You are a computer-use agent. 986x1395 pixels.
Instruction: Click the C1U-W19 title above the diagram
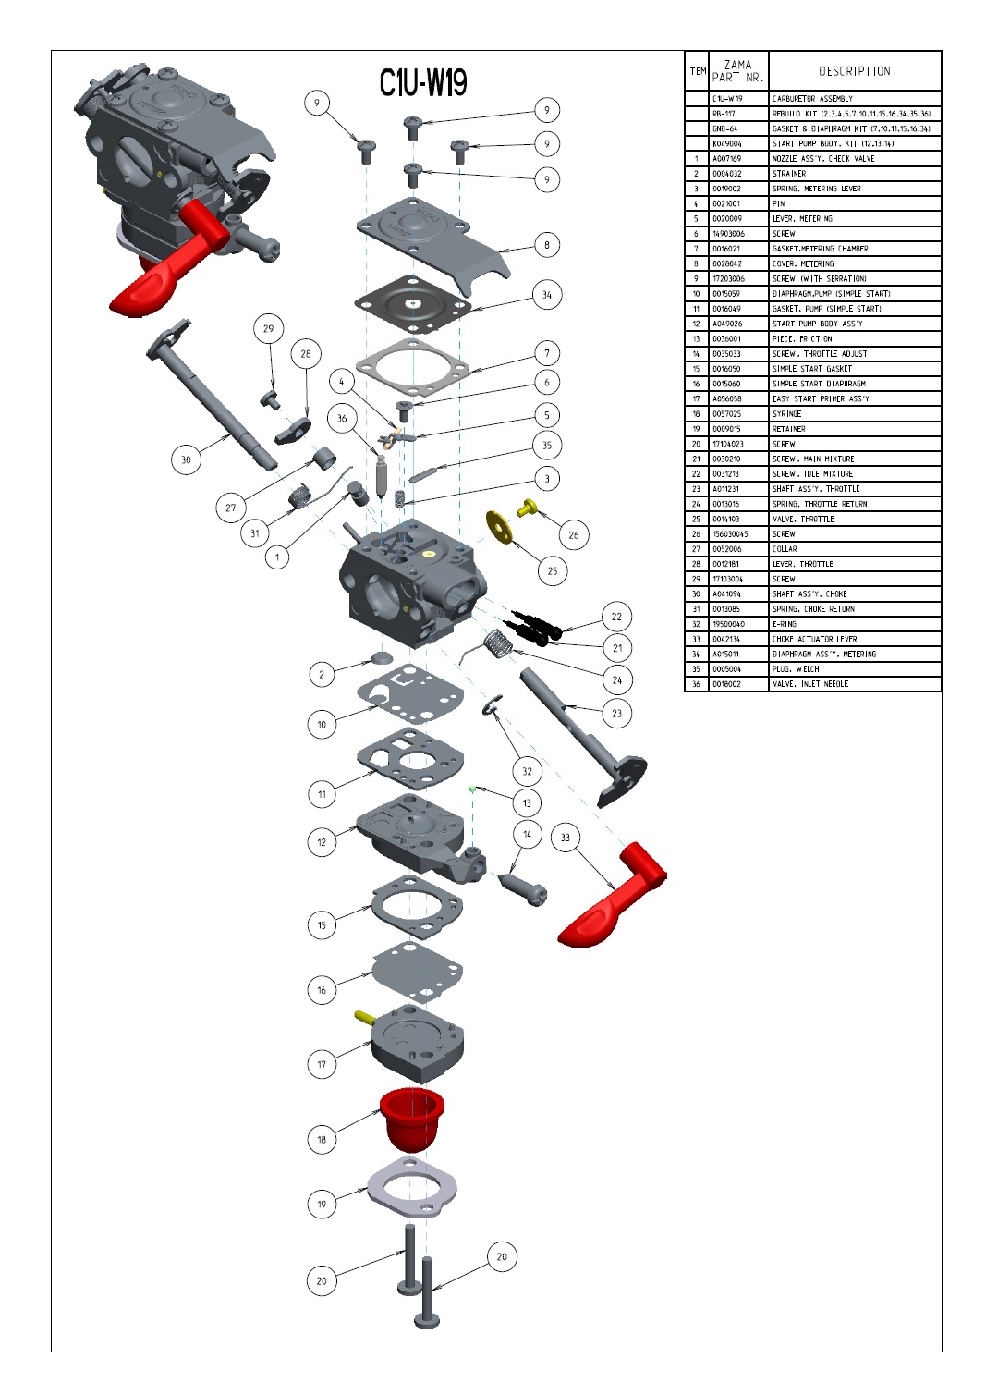(x=422, y=83)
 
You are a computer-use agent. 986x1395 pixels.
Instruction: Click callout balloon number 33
(x=566, y=838)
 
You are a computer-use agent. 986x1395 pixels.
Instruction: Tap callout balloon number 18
(x=322, y=1139)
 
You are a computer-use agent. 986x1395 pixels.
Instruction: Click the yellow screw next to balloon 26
(x=530, y=506)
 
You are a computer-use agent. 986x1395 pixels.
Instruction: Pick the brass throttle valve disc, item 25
(x=501, y=526)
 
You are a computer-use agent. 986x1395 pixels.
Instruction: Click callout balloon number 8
(x=546, y=245)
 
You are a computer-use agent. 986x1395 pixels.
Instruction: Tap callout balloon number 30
(x=186, y=459)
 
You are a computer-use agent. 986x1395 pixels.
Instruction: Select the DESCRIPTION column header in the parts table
(x=854, y=71)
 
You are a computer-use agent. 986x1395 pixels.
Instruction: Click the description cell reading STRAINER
(x=789, y=174)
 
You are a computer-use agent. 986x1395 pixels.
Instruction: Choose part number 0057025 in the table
(x=726, y=414)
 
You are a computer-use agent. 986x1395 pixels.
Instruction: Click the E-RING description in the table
(x=785, y=624)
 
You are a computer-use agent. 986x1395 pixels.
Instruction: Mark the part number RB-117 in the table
(x=724, y=114)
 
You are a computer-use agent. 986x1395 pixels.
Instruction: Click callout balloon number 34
(x=546, y=295)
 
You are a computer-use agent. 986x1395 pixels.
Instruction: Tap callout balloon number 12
(x=322, y=842)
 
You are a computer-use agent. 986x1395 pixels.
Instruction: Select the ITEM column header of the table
(x=696, y=71)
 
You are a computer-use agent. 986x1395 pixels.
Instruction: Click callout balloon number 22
(x=616, y=617)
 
